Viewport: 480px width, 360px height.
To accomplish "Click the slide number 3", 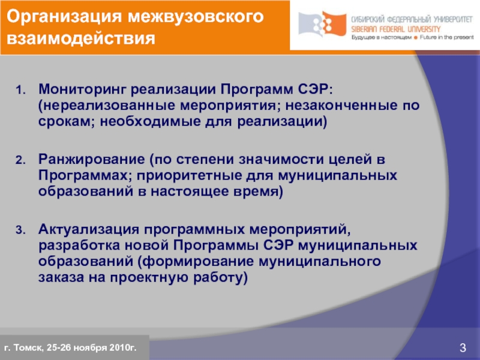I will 463,347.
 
